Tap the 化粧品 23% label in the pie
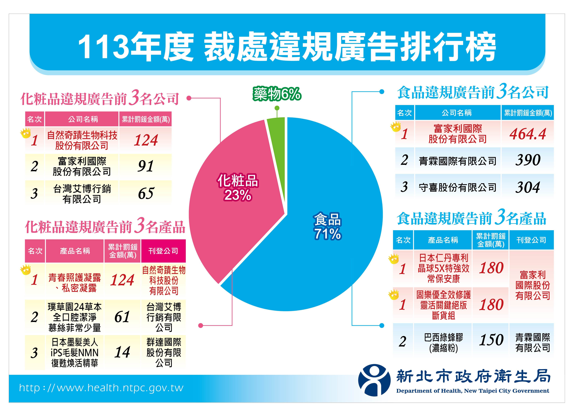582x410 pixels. click(238, 187)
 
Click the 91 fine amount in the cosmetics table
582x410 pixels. click(146, 166)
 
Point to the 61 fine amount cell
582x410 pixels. click(122, 317)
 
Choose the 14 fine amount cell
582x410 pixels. click(122, 352)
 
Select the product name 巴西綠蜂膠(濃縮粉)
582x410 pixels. click(443, 343)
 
